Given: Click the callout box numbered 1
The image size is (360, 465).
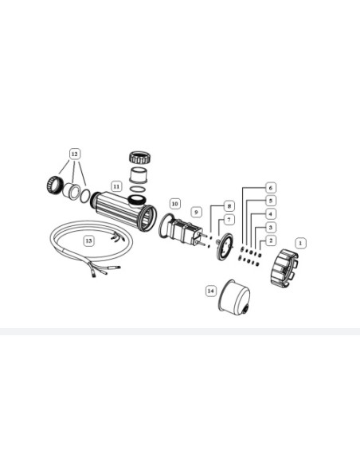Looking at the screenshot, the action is click(x=300, y=243).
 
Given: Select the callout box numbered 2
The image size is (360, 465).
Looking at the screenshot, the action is click(x=271, y=240).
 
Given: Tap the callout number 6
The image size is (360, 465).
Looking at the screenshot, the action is click(x=271, y=188).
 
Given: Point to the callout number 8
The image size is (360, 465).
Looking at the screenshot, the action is click(x=229, y=206).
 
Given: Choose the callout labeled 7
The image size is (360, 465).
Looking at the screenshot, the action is click(x=229, y=220).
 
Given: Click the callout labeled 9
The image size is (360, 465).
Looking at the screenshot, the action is click(x=196, y=212).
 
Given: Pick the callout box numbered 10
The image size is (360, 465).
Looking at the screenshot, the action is click(x=175, y=204).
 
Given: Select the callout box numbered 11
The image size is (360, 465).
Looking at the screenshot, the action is click(x=116, y=186).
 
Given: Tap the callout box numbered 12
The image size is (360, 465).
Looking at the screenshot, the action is click(x=74, y=154).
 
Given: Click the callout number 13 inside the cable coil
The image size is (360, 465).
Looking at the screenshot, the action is click(x=88, y=240).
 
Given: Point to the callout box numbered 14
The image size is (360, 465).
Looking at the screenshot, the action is click(x=210, y=291).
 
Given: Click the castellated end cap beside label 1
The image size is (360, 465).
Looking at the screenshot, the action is click(x=284, y=268).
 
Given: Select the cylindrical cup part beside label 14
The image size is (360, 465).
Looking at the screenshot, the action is click(x=235, y=296).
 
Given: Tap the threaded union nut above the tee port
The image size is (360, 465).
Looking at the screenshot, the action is click(x=141, y=158).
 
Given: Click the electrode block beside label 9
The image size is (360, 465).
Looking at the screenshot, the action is click(x=184, y=232).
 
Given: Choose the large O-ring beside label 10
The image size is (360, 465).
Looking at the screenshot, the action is click(x=166, y=225).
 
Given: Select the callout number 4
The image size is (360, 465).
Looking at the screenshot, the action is click(x=271, y=214).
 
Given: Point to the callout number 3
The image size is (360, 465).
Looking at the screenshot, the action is click(x=271, y=228).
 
